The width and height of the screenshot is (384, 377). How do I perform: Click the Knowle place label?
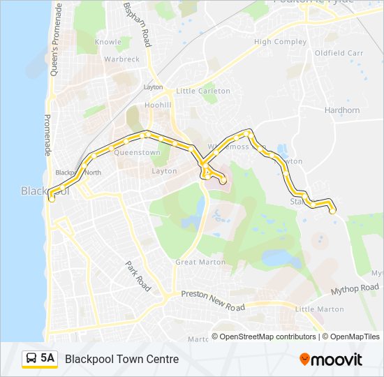click(108, 42)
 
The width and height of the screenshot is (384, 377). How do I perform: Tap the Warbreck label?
click(121, 59)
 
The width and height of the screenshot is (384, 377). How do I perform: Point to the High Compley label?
click(280, 42)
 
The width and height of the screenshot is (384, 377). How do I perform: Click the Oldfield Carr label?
click(339, 53)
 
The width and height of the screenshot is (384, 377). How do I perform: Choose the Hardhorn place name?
click(342, 110)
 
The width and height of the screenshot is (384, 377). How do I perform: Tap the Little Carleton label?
click(203, 91)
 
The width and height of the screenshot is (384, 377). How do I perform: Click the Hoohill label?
click(158, 104)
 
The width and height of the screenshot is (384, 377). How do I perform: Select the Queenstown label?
click(137, 152)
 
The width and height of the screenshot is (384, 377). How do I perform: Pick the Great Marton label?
click(200, 263)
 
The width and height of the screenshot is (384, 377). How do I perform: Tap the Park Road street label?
click(138, 276)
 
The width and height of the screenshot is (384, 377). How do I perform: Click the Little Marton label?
click(320, 309)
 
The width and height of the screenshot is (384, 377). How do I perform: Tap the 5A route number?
click(47, 358)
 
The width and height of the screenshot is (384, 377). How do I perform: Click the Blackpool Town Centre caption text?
click(121, 359)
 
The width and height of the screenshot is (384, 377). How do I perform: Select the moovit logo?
click(331, 360)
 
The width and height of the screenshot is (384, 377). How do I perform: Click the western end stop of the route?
click(51, 199)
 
